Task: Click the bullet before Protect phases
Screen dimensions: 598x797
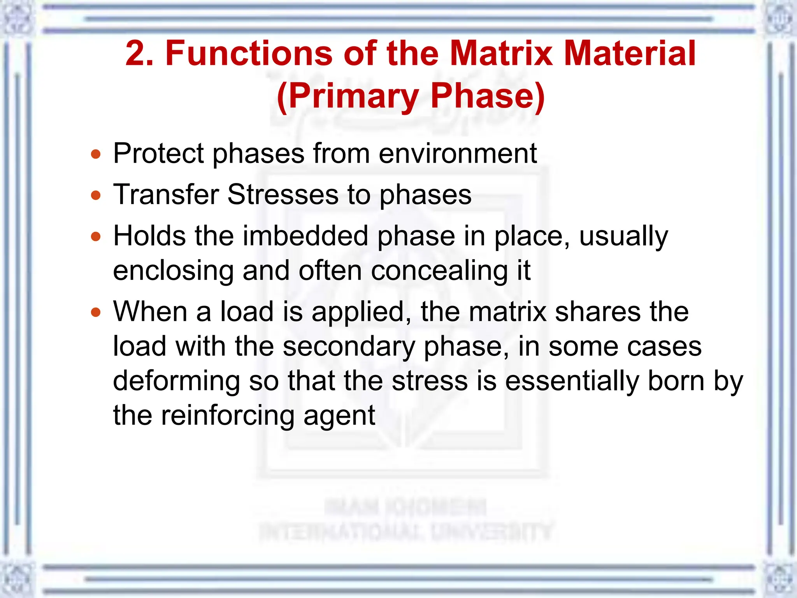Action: coord(96,154)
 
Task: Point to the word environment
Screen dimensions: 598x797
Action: coord(458,153)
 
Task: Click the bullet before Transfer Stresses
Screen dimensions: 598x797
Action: coord(96,195)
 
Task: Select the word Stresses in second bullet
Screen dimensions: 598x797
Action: coord(283,194)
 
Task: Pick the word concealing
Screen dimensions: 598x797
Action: coord(439,270)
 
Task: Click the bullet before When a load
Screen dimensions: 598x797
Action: coord(96,312)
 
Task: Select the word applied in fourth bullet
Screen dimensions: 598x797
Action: coord(362,312)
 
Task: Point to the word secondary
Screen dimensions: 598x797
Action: coord(349,346)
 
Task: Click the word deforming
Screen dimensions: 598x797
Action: coord(176,381)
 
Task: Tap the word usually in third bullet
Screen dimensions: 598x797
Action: coord(623,236)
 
